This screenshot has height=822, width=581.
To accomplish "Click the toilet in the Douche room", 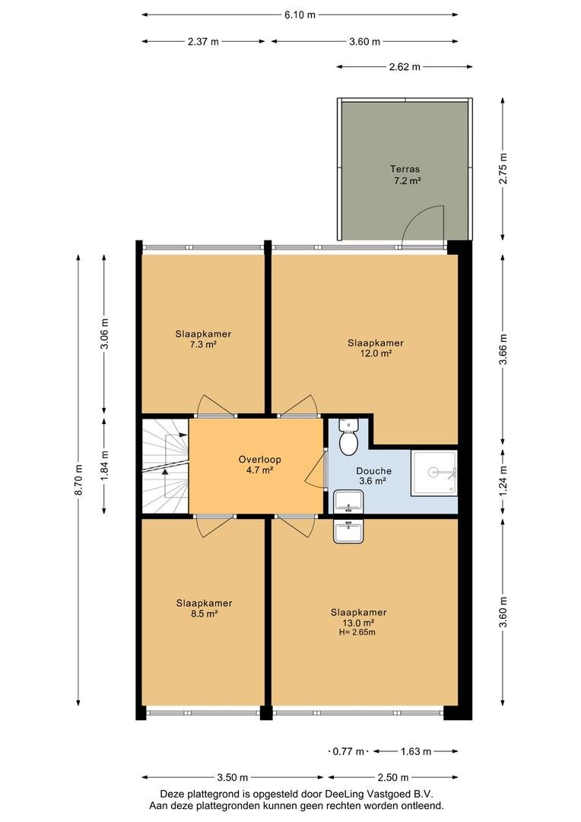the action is [x=348, y=437].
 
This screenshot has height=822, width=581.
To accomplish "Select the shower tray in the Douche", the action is [x=433, y=472].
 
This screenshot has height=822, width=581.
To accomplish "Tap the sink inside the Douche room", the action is [x=348, y=501].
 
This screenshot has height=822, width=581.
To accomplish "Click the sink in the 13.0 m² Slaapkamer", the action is [x=348, y=531].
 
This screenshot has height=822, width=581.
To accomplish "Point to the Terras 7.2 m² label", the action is [x=405, y=175].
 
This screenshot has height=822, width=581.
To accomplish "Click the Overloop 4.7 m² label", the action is [x=260, y=465].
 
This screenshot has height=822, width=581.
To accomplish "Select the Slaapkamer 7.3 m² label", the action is [x=203, y=339].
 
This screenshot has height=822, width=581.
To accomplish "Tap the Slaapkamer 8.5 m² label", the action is [x=204, y=609].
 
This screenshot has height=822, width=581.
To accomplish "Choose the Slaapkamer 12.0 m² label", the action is [x=376, y=348].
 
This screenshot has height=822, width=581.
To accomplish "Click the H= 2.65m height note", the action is [x=357, y=632].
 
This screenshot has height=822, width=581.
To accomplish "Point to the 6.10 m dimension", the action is [x=300, y=14].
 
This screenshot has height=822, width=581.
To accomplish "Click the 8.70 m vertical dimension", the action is [x=78, y=479].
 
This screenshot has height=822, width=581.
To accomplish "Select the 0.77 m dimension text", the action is [x=348, y=752].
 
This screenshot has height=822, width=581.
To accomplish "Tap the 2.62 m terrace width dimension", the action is [x=405, y=66].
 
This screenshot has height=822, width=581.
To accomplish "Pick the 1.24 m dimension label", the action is [x=503, y=481].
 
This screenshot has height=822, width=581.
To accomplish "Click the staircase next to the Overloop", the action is [x=165, y=466].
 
